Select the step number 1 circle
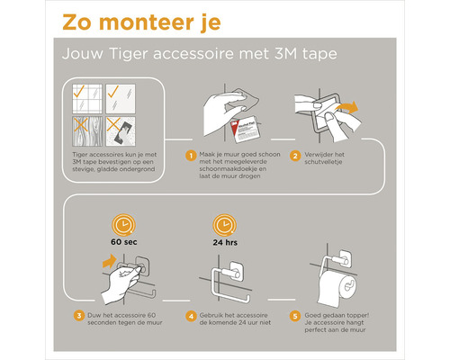pos(191,155)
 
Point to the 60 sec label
pos(121,243)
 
